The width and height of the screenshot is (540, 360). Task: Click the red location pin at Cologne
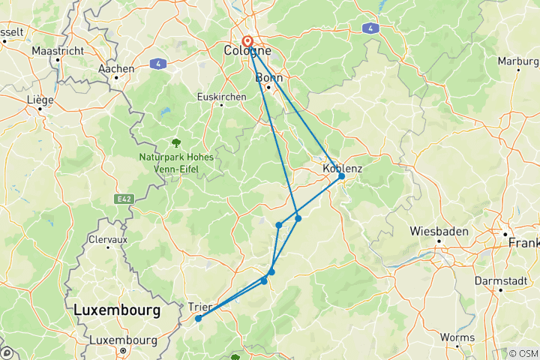[x=247, y=42]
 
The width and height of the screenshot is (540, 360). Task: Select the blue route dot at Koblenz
[x=341, y=176]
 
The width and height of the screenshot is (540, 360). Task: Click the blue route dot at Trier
[x=198, y=319]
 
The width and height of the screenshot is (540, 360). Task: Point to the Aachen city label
[x=116, y=68]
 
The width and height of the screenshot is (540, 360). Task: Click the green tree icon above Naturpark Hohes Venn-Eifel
[x=175, y=142]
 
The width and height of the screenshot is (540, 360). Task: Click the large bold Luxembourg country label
[x=116, y=309]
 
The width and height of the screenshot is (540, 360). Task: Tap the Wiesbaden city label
[x=439, y=232]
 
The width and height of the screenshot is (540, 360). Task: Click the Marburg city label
[x=518, y=60]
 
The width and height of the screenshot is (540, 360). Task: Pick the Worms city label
[x=459, y=337]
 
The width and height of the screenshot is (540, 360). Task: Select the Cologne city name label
[x=247, y=51]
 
